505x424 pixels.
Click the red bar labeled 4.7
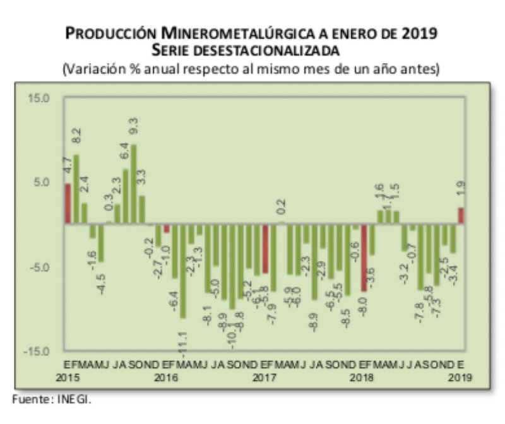click(68, 203)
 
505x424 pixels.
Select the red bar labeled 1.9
click(461, 216)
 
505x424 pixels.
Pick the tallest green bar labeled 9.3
click(133, 184)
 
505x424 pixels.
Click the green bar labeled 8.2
click(76, 189)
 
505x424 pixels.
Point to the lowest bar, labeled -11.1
click(183, 270)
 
